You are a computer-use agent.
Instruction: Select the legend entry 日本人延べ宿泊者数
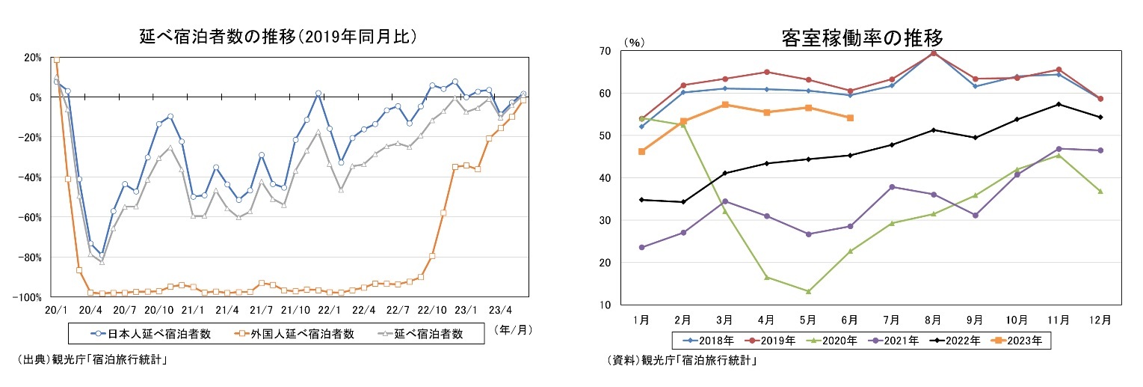point(150,334)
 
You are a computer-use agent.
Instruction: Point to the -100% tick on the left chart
point(28,297)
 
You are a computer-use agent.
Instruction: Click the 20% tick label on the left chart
point(33,57)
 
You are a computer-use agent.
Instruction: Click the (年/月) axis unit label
point(515,329)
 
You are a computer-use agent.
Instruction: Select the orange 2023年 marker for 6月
point(850,118)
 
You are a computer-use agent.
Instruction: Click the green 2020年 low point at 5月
point(808,291)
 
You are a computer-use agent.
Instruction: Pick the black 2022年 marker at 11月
point(1059,104)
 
